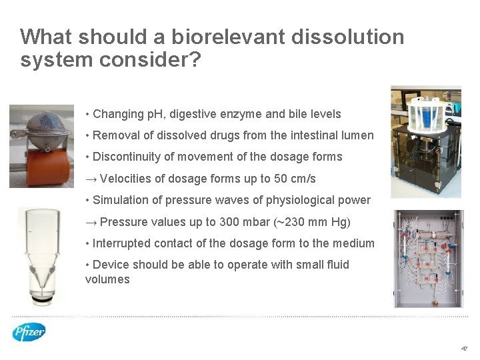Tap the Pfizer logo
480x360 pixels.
(x=29, y=331)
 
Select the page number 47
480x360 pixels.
(x=465, y=349)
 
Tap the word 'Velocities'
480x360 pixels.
(x=127, y=179)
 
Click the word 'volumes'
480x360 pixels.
(x=107, y=279)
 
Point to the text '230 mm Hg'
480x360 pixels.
(x=317, y=222)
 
